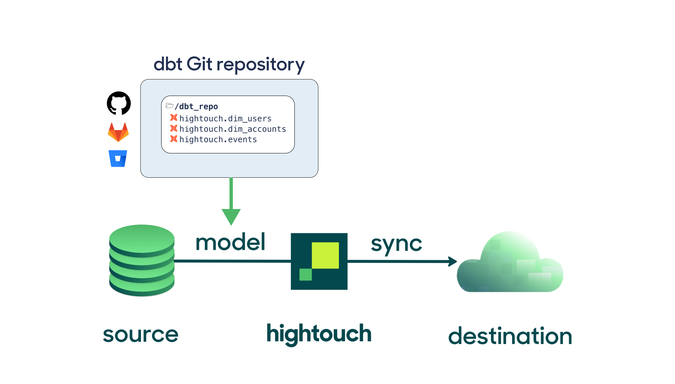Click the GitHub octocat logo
click(x=119, y=103)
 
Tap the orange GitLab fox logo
click(x=118, y=132)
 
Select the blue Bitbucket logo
click(x=118, y=159)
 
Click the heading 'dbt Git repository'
click(x=229, y=64)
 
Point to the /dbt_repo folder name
click(x=196, y=107)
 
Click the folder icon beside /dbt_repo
click(x=170, y=106)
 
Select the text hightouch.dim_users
click(x=225, y=119)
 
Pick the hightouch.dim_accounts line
click(x=233, y=129)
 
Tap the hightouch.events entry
click(x=218, y=140)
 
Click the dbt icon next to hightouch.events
click(x=174, y=139)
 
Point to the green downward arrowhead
click(x=231, y=216)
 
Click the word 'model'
click(x=230, y=242)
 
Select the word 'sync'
click(x=396, y=244)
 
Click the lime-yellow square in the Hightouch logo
click(x=325, y=255)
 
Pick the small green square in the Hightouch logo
click(x=306, y=274)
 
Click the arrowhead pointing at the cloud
click(x=453, y=261)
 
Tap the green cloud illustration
click(x=509, y=264)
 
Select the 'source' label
click(x=141, y=335)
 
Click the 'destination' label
click(x=510, y=336)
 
